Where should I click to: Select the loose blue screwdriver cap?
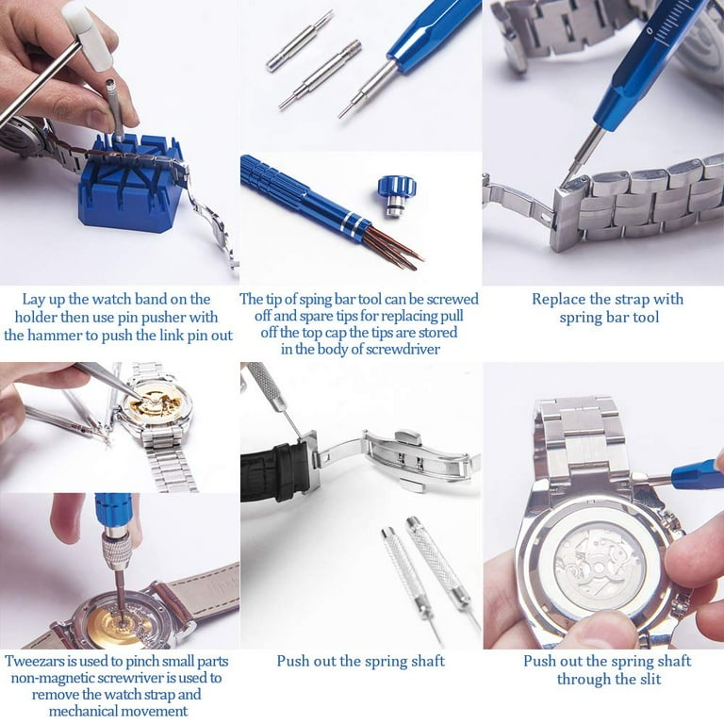point(397,190)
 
